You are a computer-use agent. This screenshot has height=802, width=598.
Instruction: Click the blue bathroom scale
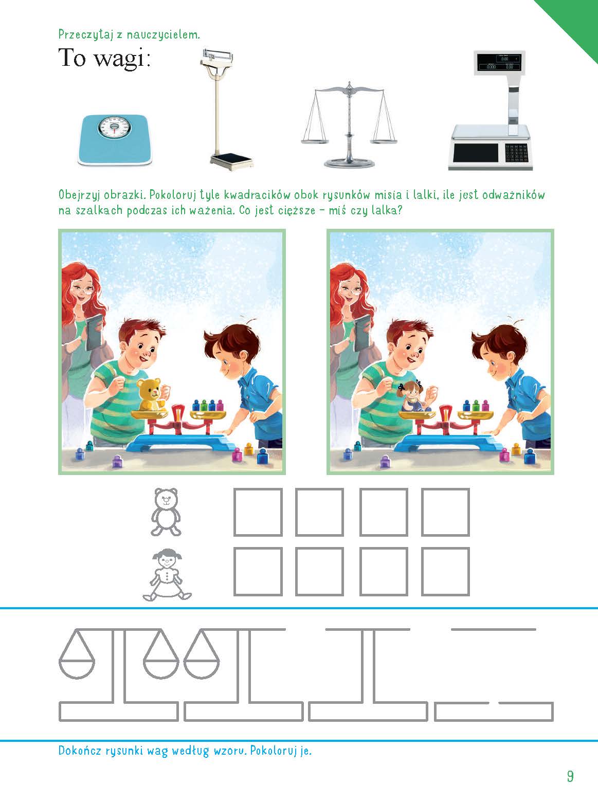coord(116,140)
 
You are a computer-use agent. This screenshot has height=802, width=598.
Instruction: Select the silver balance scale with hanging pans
coord(349,124)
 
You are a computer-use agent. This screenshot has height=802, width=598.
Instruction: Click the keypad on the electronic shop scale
coord(515,153)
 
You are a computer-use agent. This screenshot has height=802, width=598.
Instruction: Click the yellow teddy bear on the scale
coord(151,394)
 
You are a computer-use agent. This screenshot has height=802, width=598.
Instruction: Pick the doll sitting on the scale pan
coord(414,396)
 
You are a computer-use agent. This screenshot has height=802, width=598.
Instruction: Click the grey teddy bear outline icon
coord(166,512)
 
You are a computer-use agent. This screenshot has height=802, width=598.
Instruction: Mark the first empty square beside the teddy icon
coord(258,512)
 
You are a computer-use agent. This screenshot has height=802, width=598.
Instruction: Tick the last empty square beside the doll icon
coord(445,572)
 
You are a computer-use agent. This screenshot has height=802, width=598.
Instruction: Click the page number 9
coord(570,776)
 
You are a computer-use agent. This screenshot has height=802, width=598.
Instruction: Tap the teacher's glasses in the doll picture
coord(351,290)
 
